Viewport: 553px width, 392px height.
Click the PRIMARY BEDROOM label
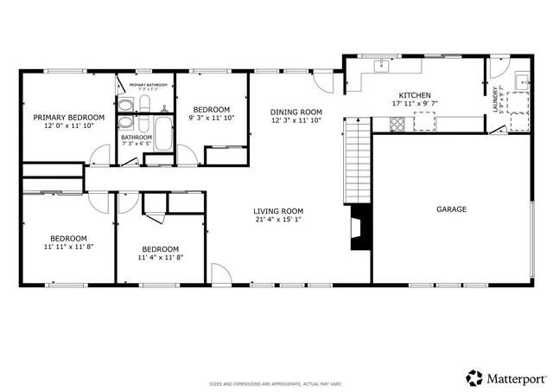tap(68, 117)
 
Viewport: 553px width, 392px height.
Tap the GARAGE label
tap(451, 209)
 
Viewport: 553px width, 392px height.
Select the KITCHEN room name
tap(414, 95)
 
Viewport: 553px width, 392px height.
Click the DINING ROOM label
tap(296, 112)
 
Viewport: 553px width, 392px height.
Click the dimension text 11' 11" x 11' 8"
tap(68, 247)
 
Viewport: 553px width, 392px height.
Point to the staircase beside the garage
tap(355, 161)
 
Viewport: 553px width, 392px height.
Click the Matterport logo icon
tap(474, 377)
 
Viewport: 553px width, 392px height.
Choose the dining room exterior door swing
tap(323, 80)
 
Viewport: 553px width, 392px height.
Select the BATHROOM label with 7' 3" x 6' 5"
tap(136, 140)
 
